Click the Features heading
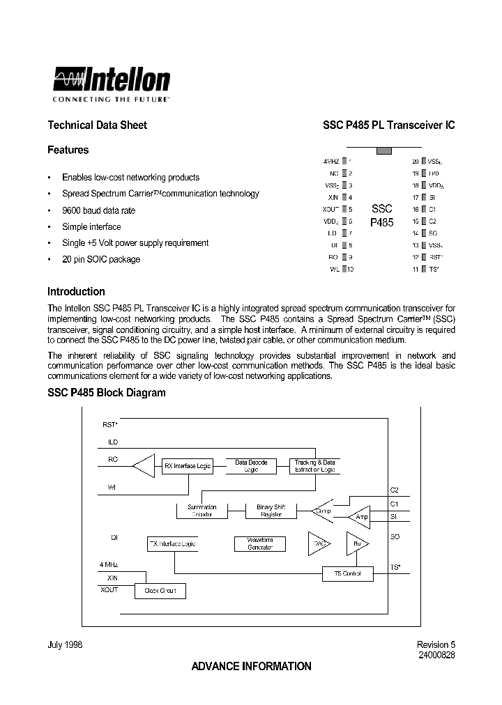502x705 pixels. (68, 150)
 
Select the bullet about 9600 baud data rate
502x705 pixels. (98, 210)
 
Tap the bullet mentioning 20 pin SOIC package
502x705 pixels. (100, 259)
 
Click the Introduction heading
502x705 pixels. (76, 292)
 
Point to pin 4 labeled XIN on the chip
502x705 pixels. (344, 197)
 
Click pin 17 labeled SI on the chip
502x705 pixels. (423, 197)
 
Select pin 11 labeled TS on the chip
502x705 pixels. (423, 269)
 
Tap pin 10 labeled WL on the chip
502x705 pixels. (344, 269)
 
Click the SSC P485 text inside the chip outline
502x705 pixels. (381, 215)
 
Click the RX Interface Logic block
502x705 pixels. (188, 466)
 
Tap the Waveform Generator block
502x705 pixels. (259, 543)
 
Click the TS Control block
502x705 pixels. (347, 573)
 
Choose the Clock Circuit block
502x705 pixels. (160, 591)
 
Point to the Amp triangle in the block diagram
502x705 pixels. (361, 516)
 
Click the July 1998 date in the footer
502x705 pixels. (65, 645)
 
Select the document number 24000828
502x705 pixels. (436, 656)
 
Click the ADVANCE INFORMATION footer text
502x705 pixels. (251, 667)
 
